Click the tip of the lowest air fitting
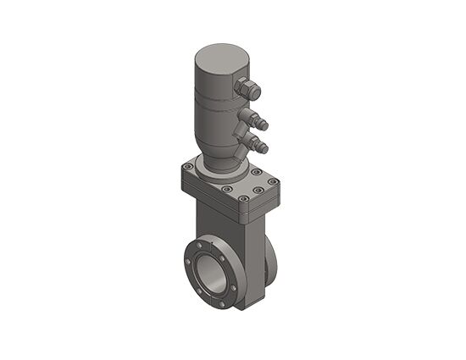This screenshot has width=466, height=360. tap(264, 149)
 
